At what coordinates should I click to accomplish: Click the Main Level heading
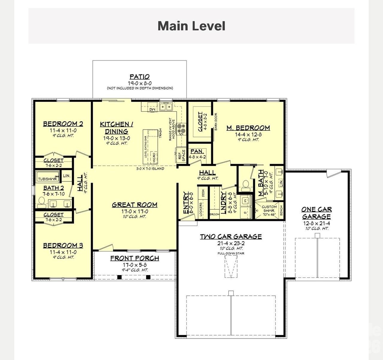(x=191, y=26)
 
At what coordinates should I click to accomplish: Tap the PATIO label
(x=139, y=77)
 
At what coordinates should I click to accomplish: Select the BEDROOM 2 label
(x=63, y=124)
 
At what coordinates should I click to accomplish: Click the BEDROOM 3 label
(x=63, y=245)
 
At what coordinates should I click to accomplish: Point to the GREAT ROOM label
(x=134, y=205)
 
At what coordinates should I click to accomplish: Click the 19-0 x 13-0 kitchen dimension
(x=116, y=138)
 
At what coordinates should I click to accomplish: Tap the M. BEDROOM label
(x=248, y=128)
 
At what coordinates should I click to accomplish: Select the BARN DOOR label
(x=215, y=121)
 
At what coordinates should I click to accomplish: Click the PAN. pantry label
(x=197, y=151)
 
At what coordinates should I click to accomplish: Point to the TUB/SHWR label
(x=47, y=179)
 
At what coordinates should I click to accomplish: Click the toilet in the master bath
(x=246, y=185)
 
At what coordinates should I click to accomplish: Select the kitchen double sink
(x=165, y=106)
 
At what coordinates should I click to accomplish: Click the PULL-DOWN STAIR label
(x=231, y=254)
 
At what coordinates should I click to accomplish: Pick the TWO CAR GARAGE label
(x=231, y=237)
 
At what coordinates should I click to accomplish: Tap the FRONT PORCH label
(x=134, y=258)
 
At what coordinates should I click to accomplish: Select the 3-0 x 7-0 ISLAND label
(x=150, y=169)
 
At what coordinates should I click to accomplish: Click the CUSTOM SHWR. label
(x=269, y=207)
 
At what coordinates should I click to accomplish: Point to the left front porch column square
(x=119, y=277)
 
